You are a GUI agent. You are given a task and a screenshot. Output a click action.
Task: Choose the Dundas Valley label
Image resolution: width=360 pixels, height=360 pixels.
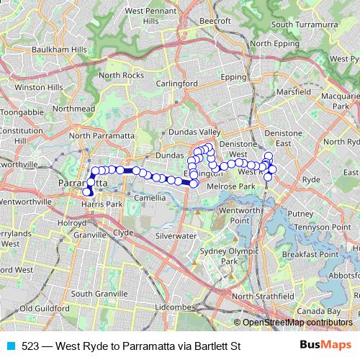tap(191, 133)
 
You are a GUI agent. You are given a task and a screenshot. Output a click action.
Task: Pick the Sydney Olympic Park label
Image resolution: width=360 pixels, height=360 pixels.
tap(218, 256)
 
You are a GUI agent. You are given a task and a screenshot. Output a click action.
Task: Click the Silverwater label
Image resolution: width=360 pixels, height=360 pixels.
tap(175, 235)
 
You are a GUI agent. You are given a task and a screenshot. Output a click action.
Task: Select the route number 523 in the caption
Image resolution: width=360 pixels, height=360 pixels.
tap(30, 346)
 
